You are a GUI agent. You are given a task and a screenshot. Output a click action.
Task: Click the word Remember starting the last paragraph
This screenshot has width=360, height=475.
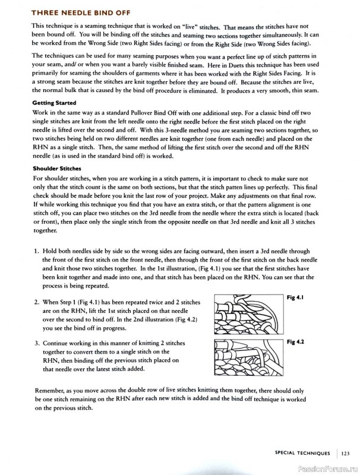click(x=50, y=391)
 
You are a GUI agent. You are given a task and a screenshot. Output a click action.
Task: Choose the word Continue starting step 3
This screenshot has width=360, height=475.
click(x=58, y=343)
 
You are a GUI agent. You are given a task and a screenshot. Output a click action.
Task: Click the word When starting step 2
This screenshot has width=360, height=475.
click(x=52, y=302)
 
